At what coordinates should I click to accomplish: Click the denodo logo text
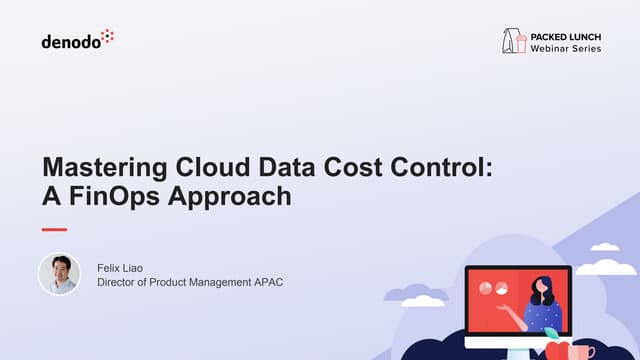(x=69, y=42)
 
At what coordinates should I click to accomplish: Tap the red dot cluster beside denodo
(x=107, y=37)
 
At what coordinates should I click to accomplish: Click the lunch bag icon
(x=514, y=40)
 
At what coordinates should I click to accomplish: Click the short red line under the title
(x=54, y=229)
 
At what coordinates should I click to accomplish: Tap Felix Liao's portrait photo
(x=58, y=274)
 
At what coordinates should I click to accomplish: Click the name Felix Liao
(x=122, y=267)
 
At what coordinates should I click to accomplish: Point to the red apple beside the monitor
(x=556, y=349)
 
